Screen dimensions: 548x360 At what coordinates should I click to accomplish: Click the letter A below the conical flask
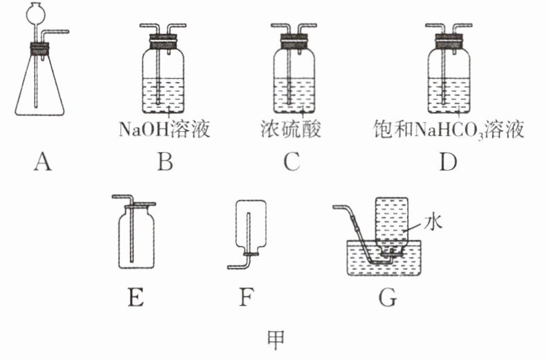42,162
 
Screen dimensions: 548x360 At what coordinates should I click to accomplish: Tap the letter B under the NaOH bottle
165,162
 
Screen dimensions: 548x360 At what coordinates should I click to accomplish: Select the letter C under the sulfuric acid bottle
292,162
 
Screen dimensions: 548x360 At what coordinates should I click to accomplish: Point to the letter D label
448,162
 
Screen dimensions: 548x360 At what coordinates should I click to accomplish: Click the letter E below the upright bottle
136,298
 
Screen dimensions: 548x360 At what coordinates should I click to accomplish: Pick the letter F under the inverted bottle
246,298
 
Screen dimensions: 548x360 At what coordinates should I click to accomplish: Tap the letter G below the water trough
388,298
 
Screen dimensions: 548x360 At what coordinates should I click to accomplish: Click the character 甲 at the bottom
276,340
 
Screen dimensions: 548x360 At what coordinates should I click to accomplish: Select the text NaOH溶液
164,129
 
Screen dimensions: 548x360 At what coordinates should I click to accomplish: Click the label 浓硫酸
291,129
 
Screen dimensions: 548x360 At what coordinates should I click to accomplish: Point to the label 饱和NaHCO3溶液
448,130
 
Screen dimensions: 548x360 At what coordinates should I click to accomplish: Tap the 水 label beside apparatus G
433,222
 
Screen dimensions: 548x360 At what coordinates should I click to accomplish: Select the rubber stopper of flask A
39,48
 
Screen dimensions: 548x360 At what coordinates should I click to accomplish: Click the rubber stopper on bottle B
163,41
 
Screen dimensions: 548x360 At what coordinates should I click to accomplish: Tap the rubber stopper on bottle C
294,41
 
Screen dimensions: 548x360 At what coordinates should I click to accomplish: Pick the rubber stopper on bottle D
448,41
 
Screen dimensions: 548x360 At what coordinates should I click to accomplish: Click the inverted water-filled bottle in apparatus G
391,224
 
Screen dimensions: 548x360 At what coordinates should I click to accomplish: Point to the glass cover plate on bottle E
140,205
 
